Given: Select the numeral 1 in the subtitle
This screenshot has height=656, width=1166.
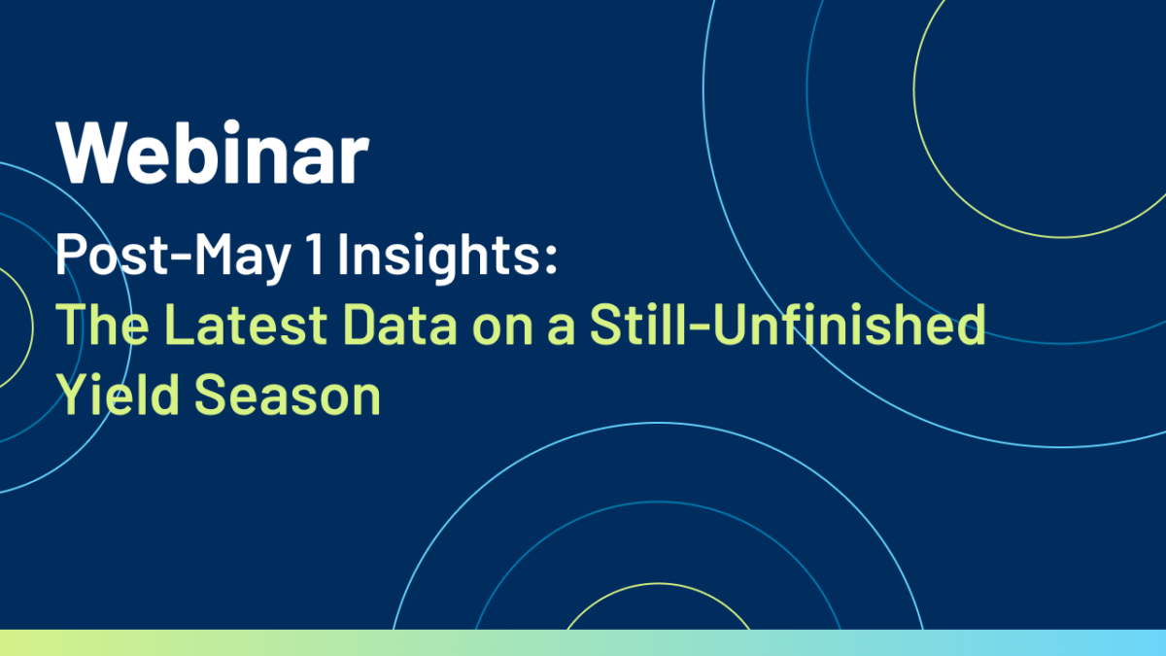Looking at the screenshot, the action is click(316, 254).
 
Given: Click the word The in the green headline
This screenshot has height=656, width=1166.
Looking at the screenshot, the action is click(102, 325).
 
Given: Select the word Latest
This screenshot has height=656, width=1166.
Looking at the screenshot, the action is click(246, 325).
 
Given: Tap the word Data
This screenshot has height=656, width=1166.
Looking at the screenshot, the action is click(399, 325).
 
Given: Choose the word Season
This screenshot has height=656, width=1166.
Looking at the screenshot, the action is click(288, 395).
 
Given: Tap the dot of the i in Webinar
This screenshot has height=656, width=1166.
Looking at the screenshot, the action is click(231, 126).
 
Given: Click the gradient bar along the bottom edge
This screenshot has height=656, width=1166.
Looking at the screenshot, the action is click(583, 643).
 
